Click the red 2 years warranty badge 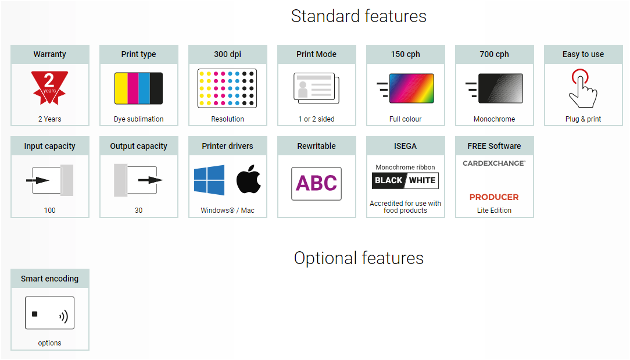pyautogui.click(x=49, y=87)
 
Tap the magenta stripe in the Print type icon pyautogui.click(x=133, y=88)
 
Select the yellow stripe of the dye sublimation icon pyautogui.click(x=121, y=88)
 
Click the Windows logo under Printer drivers pyautogui.click(x=209, y=180)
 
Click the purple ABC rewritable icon pyautogui.click(x=317, y=183)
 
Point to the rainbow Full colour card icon pyautogui.click(x=411, y=88)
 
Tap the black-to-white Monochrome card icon pyautogui.click(x=500, y=88)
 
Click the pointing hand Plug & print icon pyautogui.click(x=582, y=88)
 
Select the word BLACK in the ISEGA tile pyautogui.click(x=389, y=180)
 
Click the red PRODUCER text pyautogui.click(x=494, y=197)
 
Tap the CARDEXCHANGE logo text pyautogui.click(x=494, y=163)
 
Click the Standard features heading pyautogui.click(x=359, y=16)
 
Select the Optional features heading pyautogui.click(x=359, y=258)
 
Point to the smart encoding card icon pyautogui.click(x=49, y=313)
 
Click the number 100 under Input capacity pyautogui.click(x=50, y=211)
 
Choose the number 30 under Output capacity pyautogui.click(x=139, y=211)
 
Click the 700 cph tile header pyautogui.click(x=494, y=54)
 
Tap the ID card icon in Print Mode pyautogui.click(x=316, y=88)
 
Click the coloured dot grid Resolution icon pyautogui.click(x=227, y=88)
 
